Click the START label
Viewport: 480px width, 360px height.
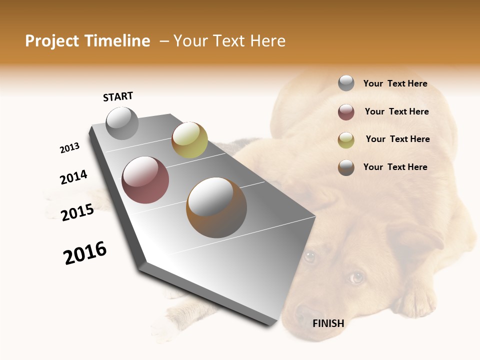[118, 96]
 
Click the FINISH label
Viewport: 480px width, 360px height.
[328, 323]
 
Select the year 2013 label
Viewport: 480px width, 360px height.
[69, 148]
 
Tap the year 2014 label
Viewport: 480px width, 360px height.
[73, 177]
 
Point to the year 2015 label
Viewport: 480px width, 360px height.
[77, 212]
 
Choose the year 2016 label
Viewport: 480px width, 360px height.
[85, 253]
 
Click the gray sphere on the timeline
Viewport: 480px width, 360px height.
[122, 123]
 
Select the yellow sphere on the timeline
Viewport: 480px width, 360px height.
[189, 140]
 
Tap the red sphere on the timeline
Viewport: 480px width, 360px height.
[145, 180]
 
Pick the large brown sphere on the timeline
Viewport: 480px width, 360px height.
[216, 207]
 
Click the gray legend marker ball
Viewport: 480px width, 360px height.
[346, 83]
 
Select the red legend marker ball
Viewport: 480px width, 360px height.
[346, 112]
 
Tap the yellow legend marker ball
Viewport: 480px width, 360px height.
[346, 140]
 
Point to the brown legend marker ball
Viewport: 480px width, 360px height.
[346, 167]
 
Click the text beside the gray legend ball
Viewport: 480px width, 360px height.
[395, 83]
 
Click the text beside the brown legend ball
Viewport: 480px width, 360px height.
[395, 167]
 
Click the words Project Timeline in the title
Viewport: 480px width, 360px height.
[87, 41]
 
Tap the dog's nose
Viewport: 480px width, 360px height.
[304, 315]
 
